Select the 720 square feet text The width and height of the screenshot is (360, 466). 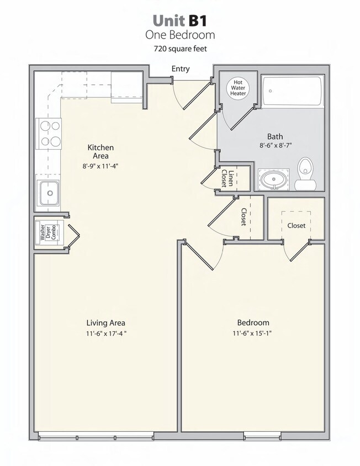click(x=179, y=49)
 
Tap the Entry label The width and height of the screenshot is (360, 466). click(x=181, y=69)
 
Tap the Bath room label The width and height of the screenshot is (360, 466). click(x=275, y=136)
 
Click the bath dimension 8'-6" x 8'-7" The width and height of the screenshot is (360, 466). click(x=275, y=146)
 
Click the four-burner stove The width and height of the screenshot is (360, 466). click(x=49, y=134)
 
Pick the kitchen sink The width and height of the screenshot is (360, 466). click(x=50, y=193)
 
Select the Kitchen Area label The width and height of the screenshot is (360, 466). click(x=100, y=152)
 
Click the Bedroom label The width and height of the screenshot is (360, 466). click(x=253, y=322)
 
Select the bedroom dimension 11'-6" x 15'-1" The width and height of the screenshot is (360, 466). click(x=253, y=333)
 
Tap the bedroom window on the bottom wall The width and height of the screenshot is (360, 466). click(x=262, y=436)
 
